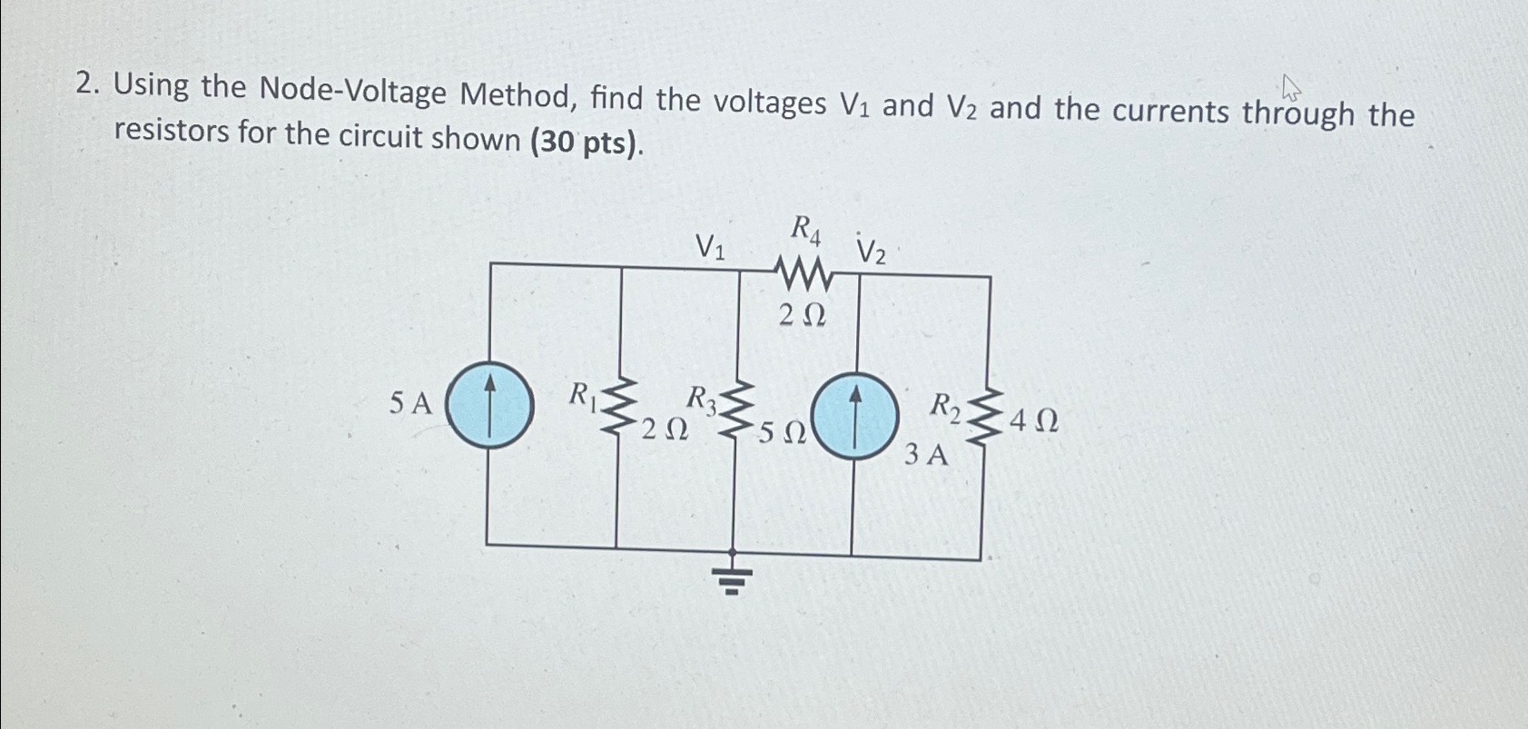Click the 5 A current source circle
[x=489, y=405]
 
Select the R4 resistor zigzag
[x=803, y=271]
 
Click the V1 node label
[x=710, y=246]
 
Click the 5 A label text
[x=410, y=403]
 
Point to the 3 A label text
[x=925, y=454]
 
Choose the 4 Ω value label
[x=1033, y=421]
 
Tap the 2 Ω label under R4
[x=803, y=315]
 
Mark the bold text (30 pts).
[x=586, y=142]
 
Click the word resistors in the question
[x=171, y=132]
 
